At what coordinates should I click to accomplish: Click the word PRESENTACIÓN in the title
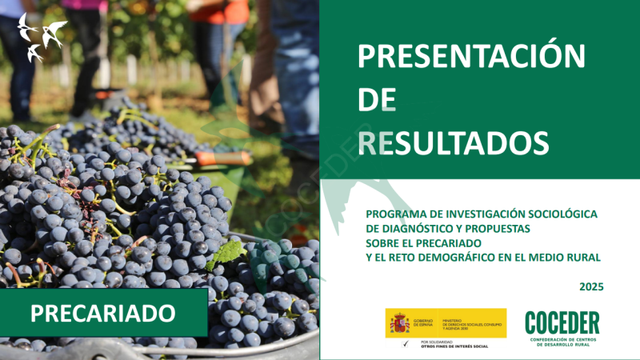(x=471, y=56)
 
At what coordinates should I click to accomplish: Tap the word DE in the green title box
(x=377, y=100)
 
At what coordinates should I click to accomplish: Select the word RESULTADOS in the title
(x=453, y=142)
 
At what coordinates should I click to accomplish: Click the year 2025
(x=591, y=286)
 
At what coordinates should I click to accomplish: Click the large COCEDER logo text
(x=562, y=322)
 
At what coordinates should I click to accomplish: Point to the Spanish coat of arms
(x=399, y=323)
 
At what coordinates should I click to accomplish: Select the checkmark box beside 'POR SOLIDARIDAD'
(x=406, y=342)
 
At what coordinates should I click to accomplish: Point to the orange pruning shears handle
(x=224, y=158)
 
